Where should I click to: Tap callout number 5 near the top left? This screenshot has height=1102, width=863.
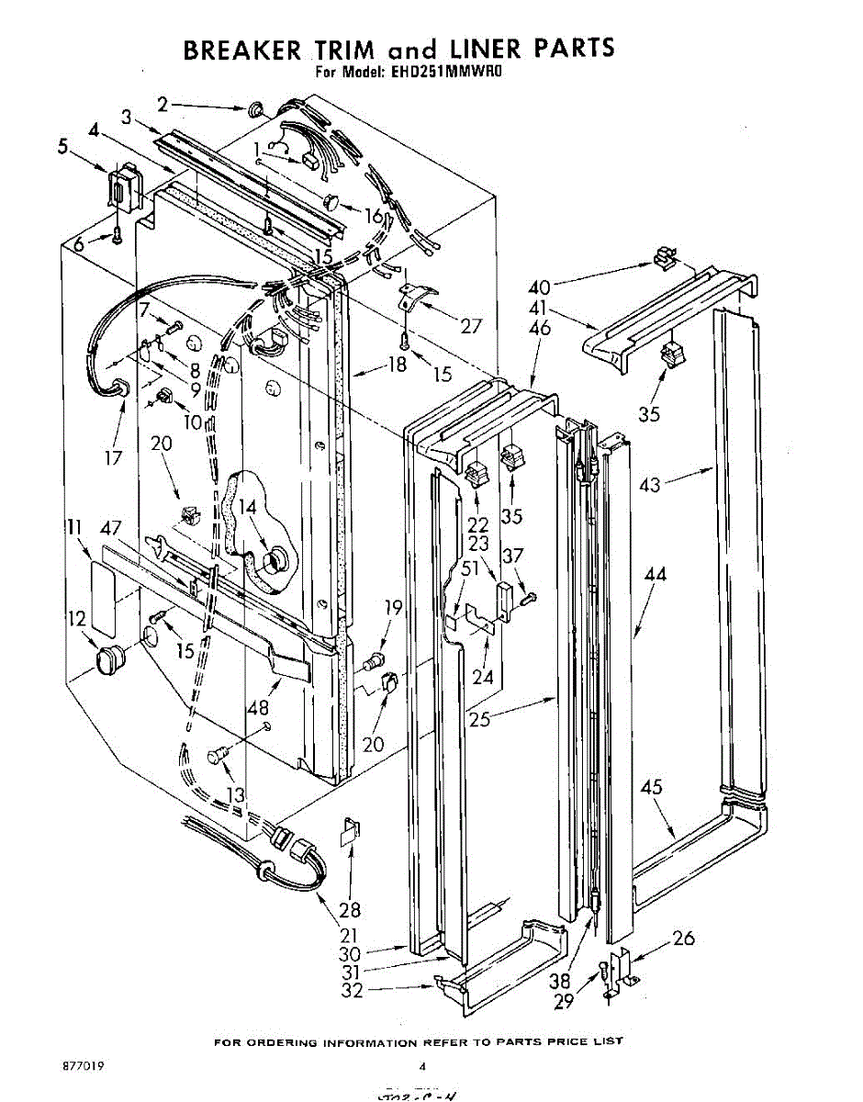62,146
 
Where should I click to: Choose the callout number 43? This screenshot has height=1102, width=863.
650,486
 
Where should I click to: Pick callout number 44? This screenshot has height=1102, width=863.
656,576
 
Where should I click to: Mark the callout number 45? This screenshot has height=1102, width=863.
651,788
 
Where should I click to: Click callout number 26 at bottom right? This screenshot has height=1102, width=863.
683,939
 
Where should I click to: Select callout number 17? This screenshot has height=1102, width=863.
114,457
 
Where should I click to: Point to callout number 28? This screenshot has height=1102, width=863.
350,910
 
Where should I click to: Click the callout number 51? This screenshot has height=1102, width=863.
469,568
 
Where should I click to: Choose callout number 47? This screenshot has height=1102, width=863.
111,528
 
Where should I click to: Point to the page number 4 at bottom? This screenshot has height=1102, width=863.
423,1067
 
